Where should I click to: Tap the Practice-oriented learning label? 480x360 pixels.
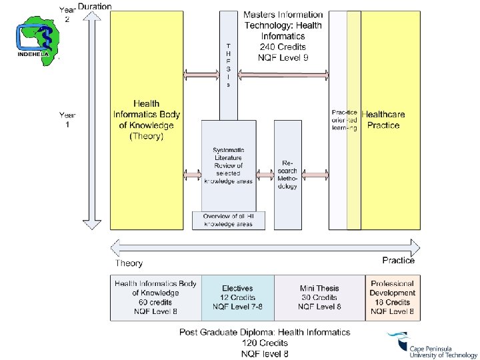pos(344,120)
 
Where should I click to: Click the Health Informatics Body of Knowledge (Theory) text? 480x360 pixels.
pos(147,120)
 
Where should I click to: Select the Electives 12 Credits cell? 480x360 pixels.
pos(237,297)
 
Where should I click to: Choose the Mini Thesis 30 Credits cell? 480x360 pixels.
pos(319,297)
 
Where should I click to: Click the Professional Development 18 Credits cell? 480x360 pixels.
pos(393,297)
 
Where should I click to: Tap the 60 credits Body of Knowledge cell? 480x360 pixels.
pos(155,297)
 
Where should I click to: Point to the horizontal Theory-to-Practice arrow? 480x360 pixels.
pos(267,249)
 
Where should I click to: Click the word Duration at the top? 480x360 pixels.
pos(95,7)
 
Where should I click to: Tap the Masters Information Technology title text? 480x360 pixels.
pos(283,36)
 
